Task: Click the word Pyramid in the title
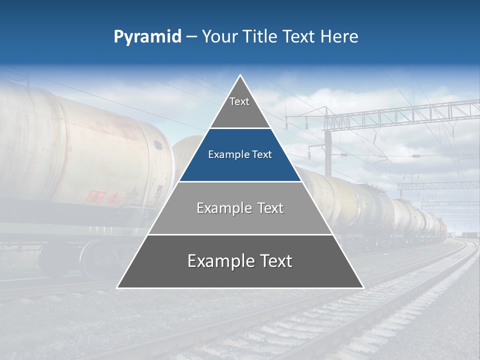click(147, 37)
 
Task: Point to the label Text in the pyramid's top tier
click(239, 101)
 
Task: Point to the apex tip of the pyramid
click(240, 75)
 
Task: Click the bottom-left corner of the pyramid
click(117, 287)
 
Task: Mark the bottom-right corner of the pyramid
click(363, 287)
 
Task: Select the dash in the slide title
click(191, 36)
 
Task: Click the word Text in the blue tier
click(260, 154)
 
